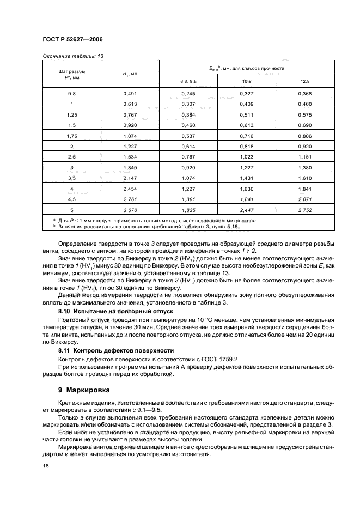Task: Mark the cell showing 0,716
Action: coord(247,135)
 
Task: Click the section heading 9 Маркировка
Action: coord(88,390)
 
